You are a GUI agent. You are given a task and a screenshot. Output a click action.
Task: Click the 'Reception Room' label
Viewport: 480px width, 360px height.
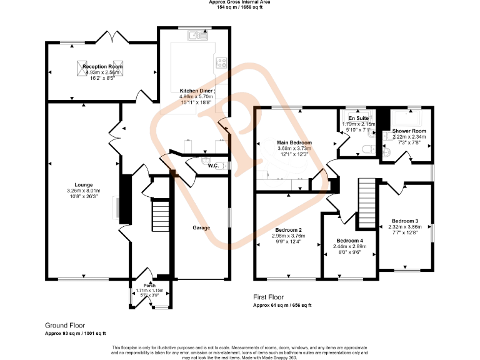pyautogui.click(x=103, y=66)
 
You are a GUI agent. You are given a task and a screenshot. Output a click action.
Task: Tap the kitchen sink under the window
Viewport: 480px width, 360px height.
pyautogui.click(x=201, y=35)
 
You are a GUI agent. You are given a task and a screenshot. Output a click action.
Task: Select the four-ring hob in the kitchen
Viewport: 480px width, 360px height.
pyautogui.click(x=221, y=62)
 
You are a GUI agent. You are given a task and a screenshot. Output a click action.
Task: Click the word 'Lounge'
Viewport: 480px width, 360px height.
pyautogui.click(x=84, y=185)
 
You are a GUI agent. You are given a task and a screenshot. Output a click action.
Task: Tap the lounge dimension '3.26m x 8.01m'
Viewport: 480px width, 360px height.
pyautogui.click(x=84, y=191)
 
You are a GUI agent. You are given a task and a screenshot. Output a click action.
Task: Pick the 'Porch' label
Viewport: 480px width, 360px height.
pyautogui.click(x=149, y=286)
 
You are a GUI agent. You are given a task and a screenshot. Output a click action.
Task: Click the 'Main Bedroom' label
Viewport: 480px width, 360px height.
pyautogui.click(x=294, y=142)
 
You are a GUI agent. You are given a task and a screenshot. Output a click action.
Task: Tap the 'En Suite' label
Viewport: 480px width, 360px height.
pyautogui.click(x=358, y=118)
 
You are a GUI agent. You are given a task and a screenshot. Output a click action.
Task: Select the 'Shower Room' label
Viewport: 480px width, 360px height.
pyautogui.click(x=409, y=131)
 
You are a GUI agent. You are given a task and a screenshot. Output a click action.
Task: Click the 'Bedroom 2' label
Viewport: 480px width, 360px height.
pyautogui.click(x=288, y=230)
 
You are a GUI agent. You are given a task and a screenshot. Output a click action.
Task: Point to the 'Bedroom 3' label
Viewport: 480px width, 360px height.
pyautogui.click(x=405, y=221)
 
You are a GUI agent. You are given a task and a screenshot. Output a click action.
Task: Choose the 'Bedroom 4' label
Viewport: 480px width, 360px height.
pyautogui.click(x=350, y=241)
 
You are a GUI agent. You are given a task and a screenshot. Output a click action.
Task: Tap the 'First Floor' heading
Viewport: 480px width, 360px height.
pyautogui.click(x=269, y=298)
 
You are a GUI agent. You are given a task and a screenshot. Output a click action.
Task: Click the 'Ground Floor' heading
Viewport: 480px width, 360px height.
pyautogui.click(x=65, y=326)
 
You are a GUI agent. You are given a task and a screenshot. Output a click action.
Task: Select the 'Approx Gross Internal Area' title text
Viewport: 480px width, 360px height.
pyautogui.click(x=240, y=2)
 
